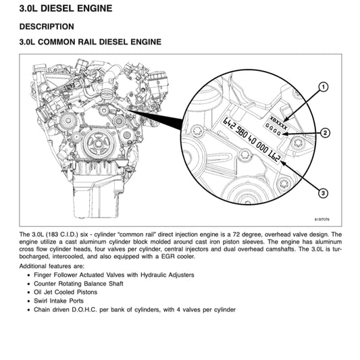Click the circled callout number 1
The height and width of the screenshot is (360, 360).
point(324,87)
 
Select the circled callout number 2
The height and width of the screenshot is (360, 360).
point(326,133)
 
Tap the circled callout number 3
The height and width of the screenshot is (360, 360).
point(324,194)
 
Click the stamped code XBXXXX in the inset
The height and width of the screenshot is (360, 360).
point(278,116)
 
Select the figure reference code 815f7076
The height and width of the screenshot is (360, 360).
point(325,220)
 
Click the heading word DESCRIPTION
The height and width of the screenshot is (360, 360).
point(47,27)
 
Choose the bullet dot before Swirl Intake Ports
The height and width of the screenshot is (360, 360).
point(28,301)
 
